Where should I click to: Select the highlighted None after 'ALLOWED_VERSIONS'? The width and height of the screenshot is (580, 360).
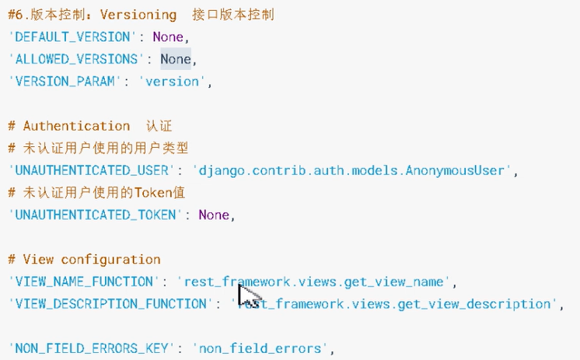(x=175, y=59)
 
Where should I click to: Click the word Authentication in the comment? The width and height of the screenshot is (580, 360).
(x=76, y=126)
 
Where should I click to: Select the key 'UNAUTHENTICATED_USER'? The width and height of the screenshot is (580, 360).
(x=88, y=170)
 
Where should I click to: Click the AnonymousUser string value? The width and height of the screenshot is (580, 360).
(x=351, y=170)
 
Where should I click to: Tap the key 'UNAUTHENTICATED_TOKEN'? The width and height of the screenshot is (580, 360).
(x=92, y=215)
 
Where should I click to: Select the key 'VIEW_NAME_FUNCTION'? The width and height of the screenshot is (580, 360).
(x=81, y=281)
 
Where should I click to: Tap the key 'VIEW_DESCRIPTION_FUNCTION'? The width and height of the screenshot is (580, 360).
(x=107, y=304)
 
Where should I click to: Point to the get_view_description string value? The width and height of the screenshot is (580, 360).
(x=399, y=304)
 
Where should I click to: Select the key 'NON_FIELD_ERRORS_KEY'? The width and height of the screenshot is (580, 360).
(x=88, y=348)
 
